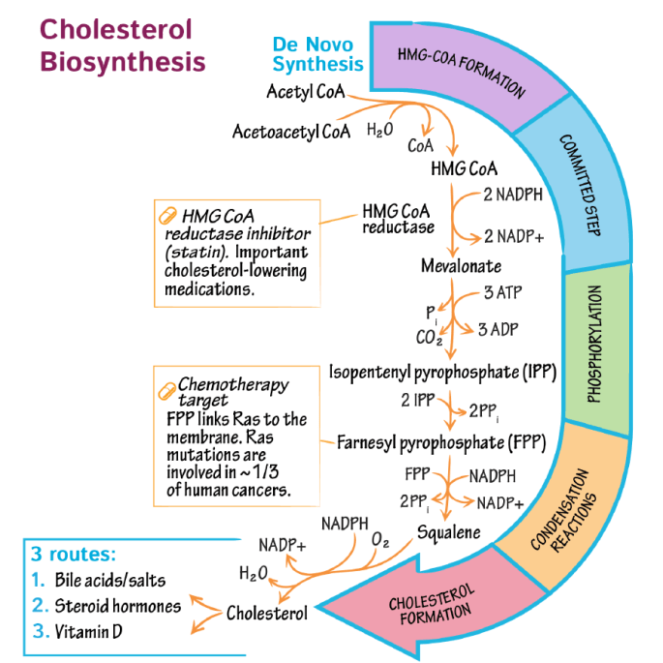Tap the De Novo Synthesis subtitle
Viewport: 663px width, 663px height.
[317, 55]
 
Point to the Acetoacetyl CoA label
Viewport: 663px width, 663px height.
[291, 131]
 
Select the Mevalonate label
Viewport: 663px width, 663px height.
[459, 264]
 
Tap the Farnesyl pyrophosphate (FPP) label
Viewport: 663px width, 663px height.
[441, 444]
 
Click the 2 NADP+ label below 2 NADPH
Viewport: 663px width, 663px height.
[514, 236]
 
